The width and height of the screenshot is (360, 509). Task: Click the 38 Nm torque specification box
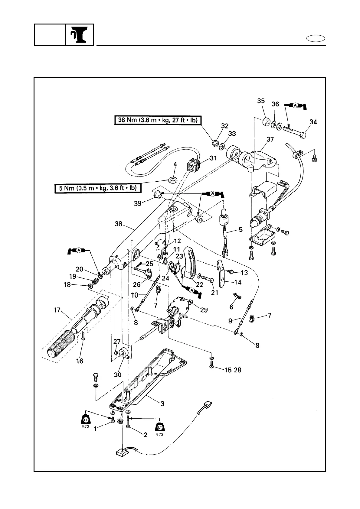click(158, 120)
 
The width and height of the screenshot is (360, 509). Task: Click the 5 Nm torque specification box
click(96, 188)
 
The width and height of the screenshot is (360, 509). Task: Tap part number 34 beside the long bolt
click(313, 122)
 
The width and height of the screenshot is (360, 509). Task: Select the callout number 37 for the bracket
click(270, 139)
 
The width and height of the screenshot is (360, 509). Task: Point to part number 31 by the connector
click(213, 158)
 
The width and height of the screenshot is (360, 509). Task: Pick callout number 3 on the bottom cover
click(162, 403)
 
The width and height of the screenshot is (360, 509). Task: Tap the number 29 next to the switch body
click(204, 310)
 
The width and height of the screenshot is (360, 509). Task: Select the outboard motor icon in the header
click(79, 35)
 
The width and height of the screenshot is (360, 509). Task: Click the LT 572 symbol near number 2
click(160, 427)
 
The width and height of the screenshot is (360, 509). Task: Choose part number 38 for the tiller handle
click(118, 224)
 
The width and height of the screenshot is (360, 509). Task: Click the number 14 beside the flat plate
click(238, 282)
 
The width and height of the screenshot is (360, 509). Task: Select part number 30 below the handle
click(117, 374)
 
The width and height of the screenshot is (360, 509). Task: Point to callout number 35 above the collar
click(261, 101)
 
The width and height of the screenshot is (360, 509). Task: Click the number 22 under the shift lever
click(199, 284)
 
